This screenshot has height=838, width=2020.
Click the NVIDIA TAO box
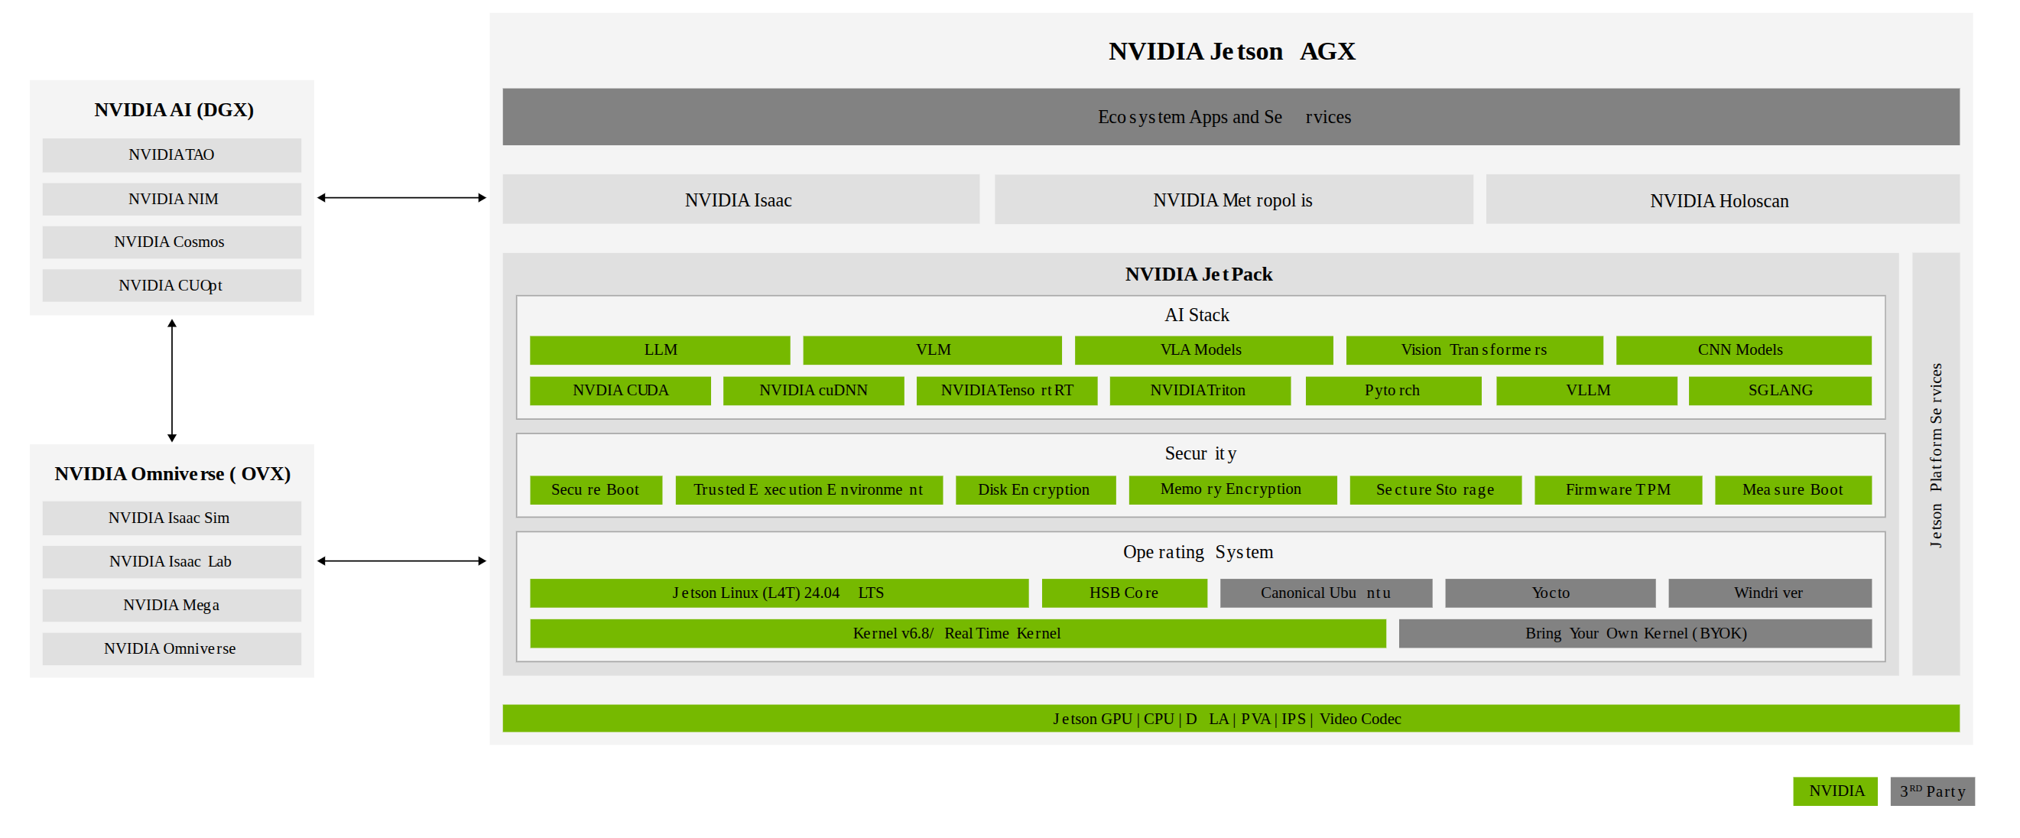click(x=172, y=155)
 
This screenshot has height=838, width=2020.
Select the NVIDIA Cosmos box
click(x=172, y=242)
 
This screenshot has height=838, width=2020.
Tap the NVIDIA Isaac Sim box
click(x=172, y=518)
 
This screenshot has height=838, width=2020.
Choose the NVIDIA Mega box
click(x=172, y=605)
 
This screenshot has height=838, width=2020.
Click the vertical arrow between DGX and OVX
click(x=172, y=380)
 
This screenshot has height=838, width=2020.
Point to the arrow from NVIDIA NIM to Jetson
click(x=401, y=197)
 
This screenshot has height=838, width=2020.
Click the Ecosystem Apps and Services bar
click(x=1230, y=117)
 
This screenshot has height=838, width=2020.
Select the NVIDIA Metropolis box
click(x=1233, y=199)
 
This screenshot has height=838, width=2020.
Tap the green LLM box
click(x=661, y=350)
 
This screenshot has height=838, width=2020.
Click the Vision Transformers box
click(x=1474, y=350)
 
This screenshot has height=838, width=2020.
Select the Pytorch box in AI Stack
click(x=1393, y=391)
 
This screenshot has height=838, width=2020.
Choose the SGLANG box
click(x=1780, y=391)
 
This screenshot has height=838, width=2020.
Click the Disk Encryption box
click(x=1035, y=490)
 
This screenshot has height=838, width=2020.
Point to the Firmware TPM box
click(x=1618, y=490)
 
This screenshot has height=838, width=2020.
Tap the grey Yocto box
click(x=1551, y=593)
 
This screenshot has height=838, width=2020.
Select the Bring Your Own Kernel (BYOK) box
click(x=1635, y=633)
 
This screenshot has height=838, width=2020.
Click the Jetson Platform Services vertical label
click(x=1936, y=456)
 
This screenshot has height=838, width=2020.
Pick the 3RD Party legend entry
click(x=1932, y=791)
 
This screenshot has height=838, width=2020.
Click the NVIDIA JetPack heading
click(x=1199, y=274)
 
